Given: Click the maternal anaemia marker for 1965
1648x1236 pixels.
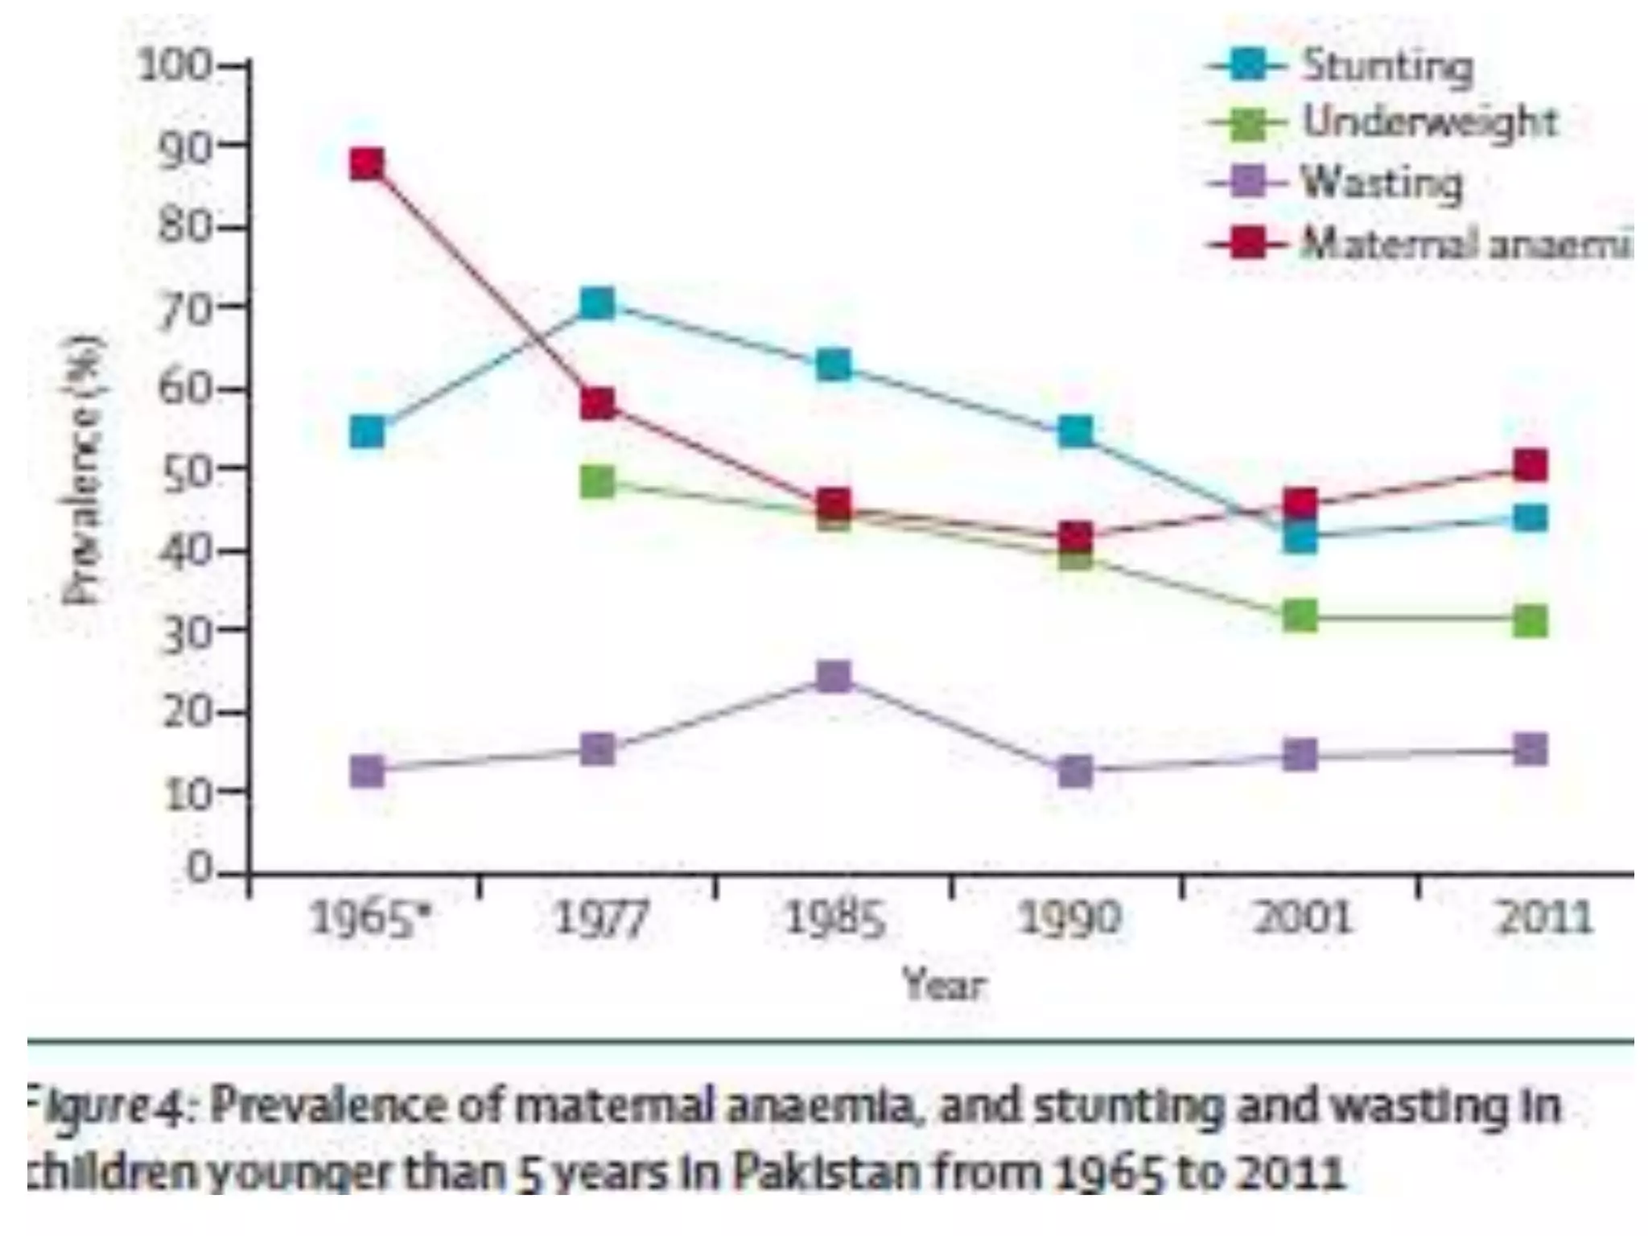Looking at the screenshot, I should (367, 164).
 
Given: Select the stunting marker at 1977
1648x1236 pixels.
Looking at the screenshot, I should (597, 304).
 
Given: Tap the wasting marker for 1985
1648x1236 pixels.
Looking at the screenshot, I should (834, 677).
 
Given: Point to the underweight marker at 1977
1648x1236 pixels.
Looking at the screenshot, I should (597, 482).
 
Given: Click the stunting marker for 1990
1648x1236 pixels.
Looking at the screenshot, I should (1075, 432).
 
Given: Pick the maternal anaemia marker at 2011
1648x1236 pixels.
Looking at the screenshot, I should (1530, 466).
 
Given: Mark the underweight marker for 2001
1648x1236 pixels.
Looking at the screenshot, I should (1300, 616).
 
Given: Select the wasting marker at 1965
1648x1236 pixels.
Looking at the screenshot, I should (368, 772).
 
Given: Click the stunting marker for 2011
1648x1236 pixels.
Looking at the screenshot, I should (1530, 518).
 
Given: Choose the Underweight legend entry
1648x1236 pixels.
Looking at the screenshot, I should (1429, 123).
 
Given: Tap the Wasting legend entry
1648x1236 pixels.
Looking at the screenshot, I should (1381, 183).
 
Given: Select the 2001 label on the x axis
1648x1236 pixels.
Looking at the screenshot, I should (1301, 917).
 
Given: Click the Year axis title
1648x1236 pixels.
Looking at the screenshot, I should (944, 983).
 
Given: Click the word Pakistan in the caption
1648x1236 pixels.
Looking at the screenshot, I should (826, 1172).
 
